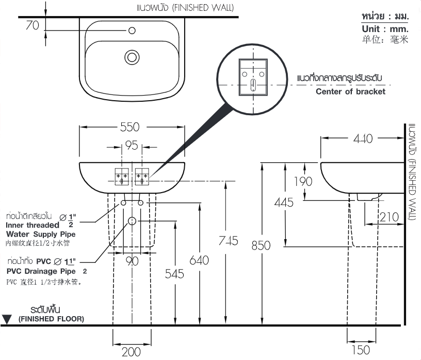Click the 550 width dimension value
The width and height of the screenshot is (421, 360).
(x=132, y=128)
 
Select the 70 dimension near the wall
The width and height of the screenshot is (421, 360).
(x=33, y=25)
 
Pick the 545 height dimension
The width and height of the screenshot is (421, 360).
(x=174, y=274)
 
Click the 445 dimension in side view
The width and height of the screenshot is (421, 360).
(x=283, y=202)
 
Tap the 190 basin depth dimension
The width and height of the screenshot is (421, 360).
(x=303, y=181)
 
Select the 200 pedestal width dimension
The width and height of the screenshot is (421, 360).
(x=131, y=352)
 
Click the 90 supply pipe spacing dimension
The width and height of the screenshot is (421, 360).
(x=132, y=261)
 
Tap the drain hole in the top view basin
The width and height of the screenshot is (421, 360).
(x=132, y=57)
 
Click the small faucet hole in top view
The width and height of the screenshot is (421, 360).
(x=132, y=31)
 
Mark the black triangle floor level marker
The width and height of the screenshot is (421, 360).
(x=7, y=319)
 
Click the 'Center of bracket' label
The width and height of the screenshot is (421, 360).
(x=350, y=92)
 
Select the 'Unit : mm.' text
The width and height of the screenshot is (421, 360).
(x=385, y=29)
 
